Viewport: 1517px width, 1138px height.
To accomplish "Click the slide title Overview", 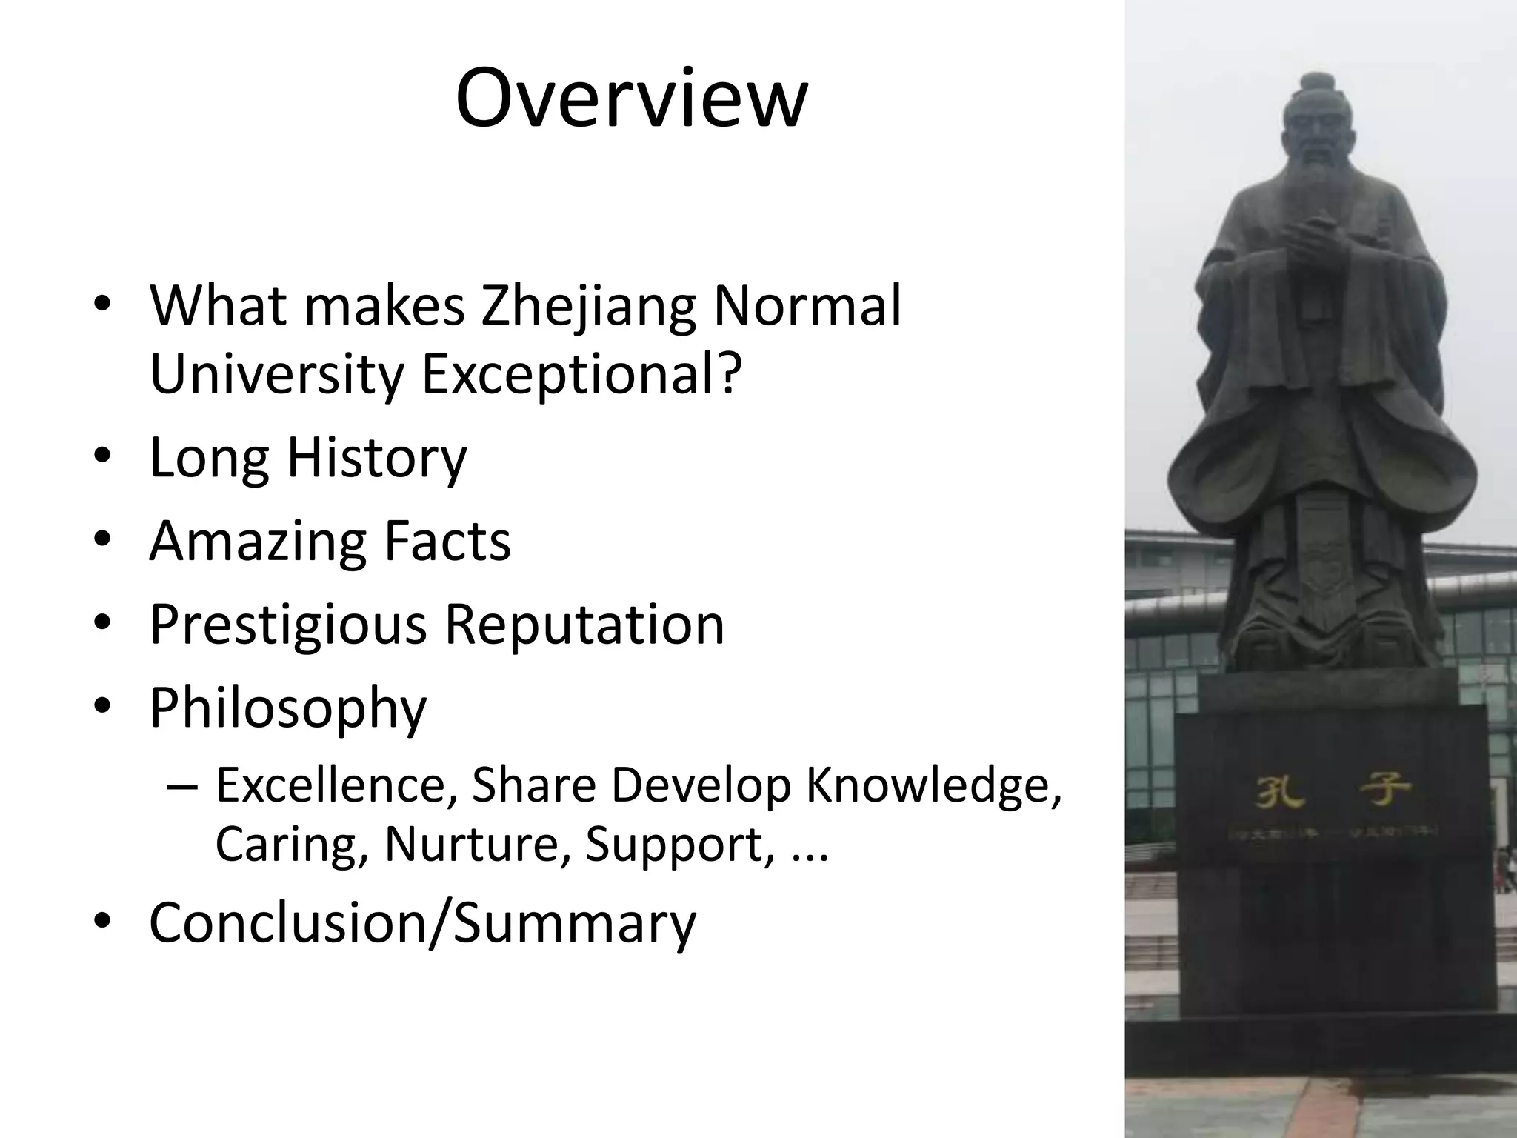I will (x=631, y=99).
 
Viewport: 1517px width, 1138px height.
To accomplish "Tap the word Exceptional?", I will (x=581, y=374).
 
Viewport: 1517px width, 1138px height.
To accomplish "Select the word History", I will (x=377, y=459).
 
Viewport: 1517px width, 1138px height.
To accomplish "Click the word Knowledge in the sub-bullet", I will (x=933, y=785).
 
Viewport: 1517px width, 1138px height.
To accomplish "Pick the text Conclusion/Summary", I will (x=422, y=923).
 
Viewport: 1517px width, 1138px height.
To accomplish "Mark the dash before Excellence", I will (x=182, y=787).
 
